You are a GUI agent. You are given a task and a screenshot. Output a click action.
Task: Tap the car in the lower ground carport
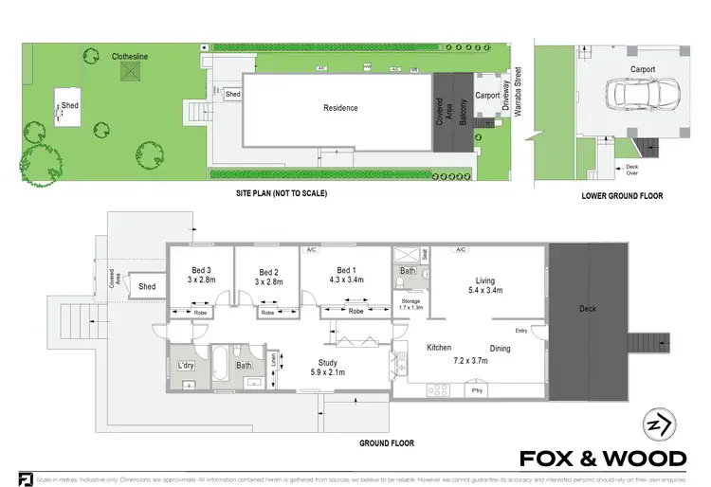tap(638, 96)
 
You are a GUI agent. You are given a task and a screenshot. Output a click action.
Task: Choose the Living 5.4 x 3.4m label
tap(484, 284)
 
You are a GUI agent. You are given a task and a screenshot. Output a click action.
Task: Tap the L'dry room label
tap(186, 365)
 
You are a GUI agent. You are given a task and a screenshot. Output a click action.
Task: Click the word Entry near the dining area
tap(521, 330)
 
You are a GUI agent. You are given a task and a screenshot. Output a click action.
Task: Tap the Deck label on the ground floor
tap(588, 309)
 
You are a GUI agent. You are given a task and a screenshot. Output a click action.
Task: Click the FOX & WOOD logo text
tap(603, 459)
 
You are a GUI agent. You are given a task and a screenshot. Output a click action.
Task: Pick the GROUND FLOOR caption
tap(385, 442)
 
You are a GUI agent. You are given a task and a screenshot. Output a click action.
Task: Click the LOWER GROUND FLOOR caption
tap(622, 196)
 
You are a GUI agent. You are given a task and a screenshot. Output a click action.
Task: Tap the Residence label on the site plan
tap(340, 108)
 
